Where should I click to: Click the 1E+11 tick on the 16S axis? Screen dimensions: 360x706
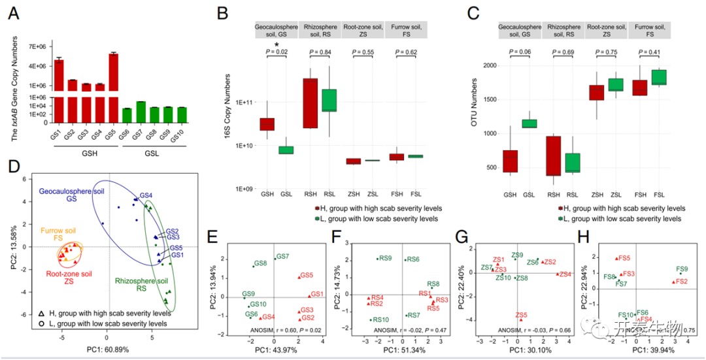tap(243, 103)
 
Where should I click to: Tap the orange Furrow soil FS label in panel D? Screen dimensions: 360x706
tap(59, 235)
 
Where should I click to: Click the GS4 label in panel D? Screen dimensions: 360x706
tap(146, 195)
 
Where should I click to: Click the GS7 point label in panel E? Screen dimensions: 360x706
tap(282, 256)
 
